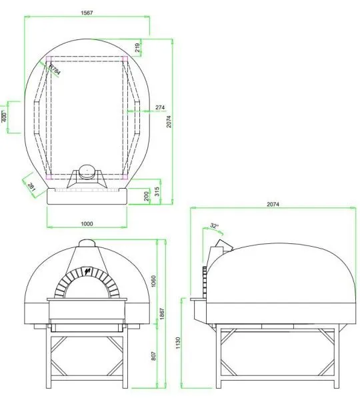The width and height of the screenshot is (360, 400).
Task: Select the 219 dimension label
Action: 137,47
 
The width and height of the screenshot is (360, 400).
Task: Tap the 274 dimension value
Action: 160,107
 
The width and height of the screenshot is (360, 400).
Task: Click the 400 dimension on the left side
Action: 4,117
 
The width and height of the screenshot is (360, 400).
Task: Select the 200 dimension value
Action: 147,195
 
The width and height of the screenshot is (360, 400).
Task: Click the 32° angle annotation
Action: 214,226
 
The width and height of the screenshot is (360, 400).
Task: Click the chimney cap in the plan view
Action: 86,171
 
